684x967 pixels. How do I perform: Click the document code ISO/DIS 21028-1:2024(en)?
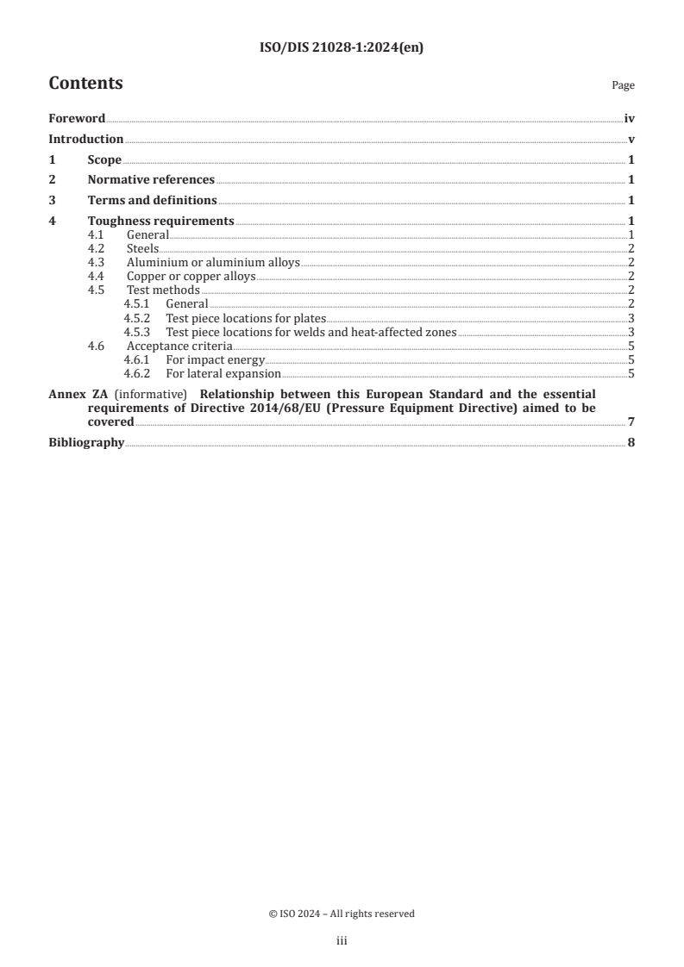342,48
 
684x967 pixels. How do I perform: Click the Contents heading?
85,84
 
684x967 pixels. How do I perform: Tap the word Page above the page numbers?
623,86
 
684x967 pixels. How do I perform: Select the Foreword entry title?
77,118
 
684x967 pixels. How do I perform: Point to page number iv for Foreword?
629,118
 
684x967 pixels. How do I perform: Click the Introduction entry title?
85,139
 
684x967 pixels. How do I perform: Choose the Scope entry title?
104,159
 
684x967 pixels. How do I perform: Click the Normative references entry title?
151,180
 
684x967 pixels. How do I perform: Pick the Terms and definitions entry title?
153,201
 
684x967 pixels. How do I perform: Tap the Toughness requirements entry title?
160,221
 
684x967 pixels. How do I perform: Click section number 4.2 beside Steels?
97,249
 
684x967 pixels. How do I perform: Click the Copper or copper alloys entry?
191,277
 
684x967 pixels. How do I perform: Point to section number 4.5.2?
136,318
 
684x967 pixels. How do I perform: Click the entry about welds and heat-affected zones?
311,332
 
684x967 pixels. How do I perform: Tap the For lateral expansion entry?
223,373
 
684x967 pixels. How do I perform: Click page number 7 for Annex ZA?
631,422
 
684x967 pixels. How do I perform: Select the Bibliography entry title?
86,443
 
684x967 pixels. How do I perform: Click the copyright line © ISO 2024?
342,914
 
